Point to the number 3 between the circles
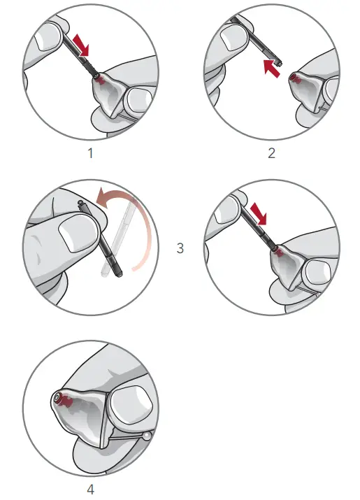[180, 248]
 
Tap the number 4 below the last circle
[89, 490]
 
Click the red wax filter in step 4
[66, 401]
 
